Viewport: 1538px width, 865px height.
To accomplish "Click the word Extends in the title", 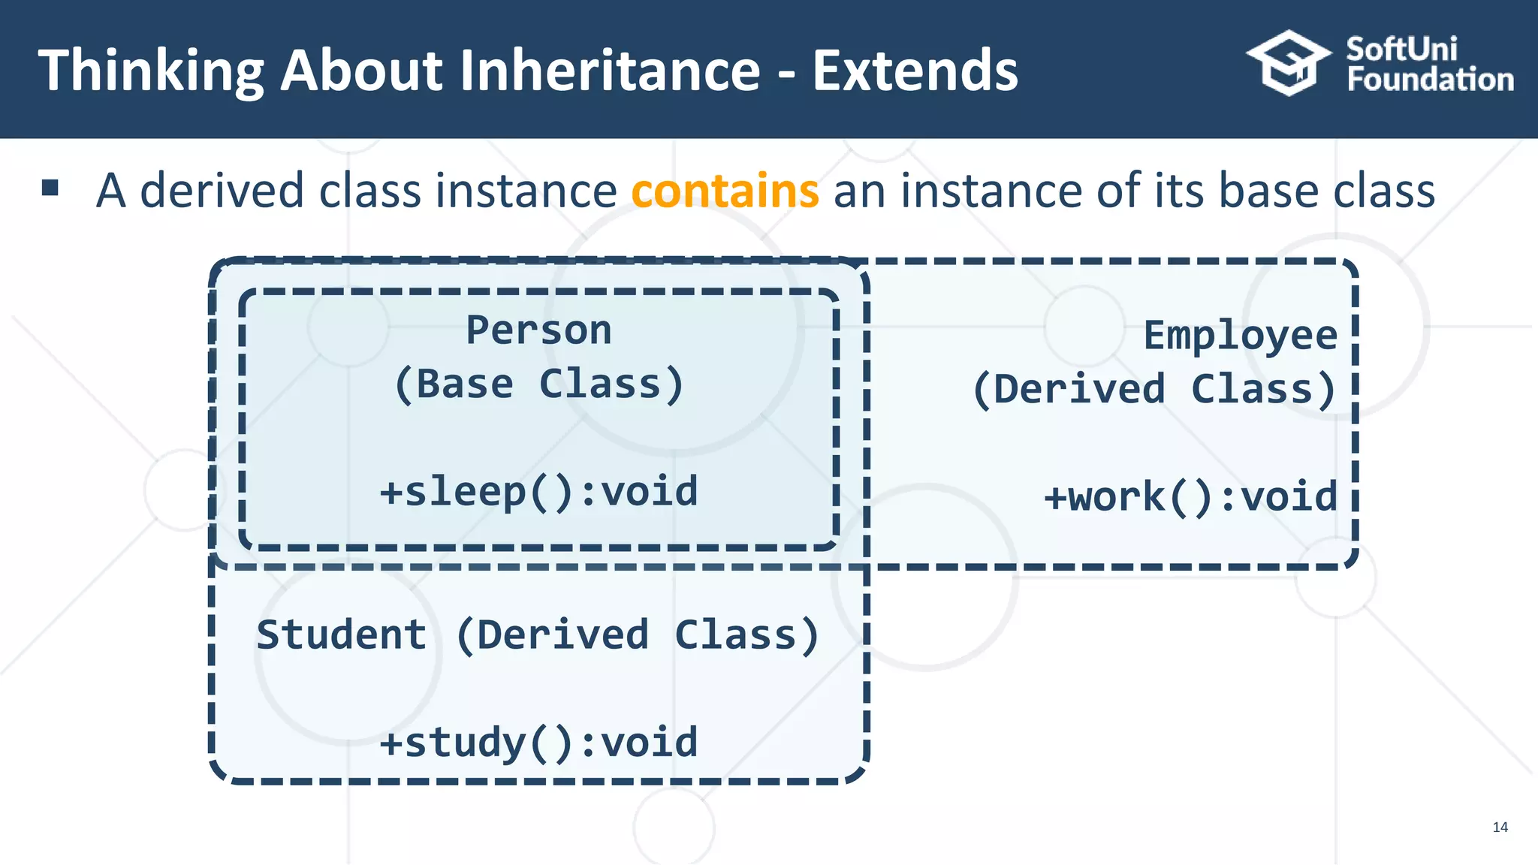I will tap(915, 70).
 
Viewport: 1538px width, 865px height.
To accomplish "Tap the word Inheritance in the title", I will tap(609, 70).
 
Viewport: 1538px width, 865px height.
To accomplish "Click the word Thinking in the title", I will tap(150, 71).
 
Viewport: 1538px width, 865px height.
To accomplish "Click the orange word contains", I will tap(725, 191).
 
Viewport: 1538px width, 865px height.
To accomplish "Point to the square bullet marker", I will tap(50, 188).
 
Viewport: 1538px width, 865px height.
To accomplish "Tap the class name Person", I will tap(538, 330).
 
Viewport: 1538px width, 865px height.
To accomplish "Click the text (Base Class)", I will tap(538, 384).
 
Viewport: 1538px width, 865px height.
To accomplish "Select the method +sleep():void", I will tap(538, 492).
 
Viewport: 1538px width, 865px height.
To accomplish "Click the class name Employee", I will tap(1240, 335).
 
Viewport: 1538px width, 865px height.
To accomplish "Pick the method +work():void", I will tap(1190, 497).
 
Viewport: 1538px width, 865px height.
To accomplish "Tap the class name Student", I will tap(342, 634).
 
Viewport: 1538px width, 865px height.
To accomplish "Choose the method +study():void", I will tap(538, 743).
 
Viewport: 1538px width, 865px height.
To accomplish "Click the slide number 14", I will tap(1500, 827).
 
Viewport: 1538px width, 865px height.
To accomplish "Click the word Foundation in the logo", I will tap(1430, 80).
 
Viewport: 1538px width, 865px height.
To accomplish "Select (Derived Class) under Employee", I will tap(1154, 389).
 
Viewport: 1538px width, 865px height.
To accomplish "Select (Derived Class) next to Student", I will tap(637, 634).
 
